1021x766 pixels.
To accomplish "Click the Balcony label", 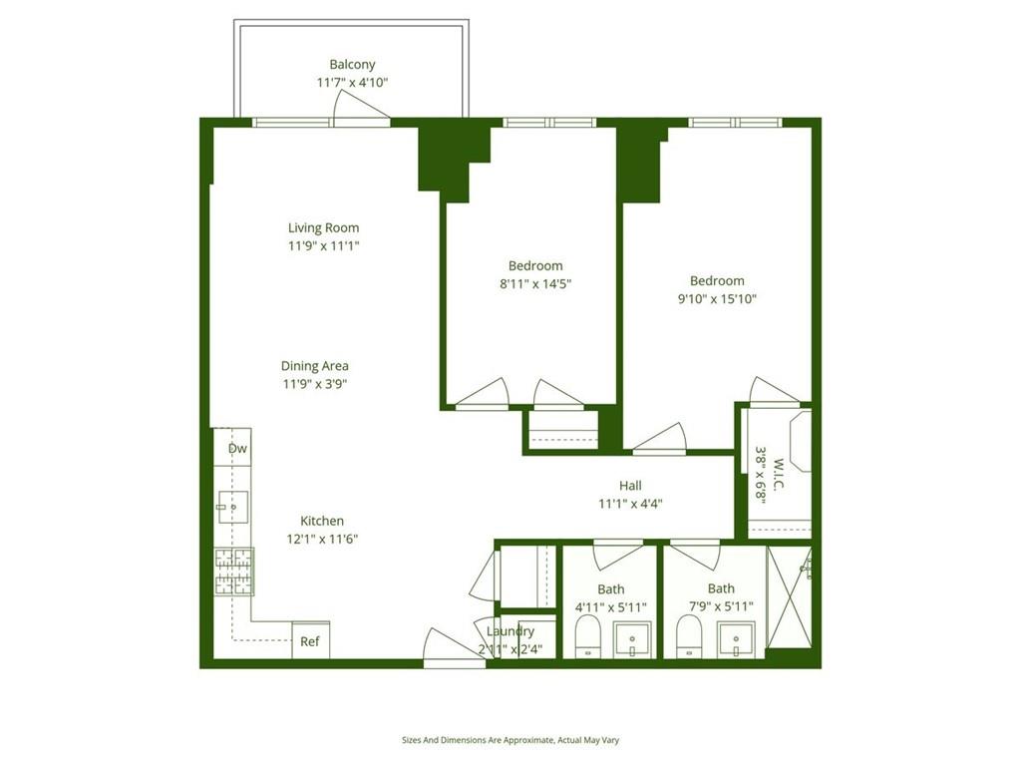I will [352, 65].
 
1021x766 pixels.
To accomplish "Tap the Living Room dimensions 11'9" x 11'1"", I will [323, 245].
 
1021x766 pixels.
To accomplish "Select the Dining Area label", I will [314, 366].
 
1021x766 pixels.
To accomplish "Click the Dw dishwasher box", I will [236, 448].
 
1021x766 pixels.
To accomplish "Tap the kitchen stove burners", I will [233, 573].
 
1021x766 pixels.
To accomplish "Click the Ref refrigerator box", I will [310, 641].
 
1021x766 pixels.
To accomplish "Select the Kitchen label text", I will [322, 521].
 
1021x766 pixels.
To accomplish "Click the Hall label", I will [630, 486].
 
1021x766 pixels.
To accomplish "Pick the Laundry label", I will [510, 631].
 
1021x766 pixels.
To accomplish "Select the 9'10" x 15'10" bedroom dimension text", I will [716, 298].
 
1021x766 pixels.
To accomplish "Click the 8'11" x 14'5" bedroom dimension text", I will [535, 283].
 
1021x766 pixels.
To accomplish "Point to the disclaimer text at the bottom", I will [510, 740].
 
